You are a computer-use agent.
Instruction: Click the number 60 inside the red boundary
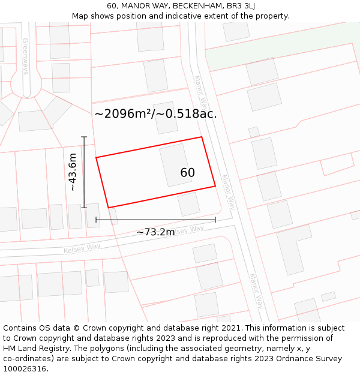point(188,173)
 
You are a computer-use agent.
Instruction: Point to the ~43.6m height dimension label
point(73,172)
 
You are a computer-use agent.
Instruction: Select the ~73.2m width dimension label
point(155,232)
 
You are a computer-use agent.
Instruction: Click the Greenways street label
point(26,56)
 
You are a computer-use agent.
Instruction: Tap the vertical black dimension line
point(84,172)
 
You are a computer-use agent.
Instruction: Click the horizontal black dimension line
point(155,220)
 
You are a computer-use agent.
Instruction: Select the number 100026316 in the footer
point(24,369)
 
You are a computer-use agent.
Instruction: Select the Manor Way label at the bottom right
point(257,291)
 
